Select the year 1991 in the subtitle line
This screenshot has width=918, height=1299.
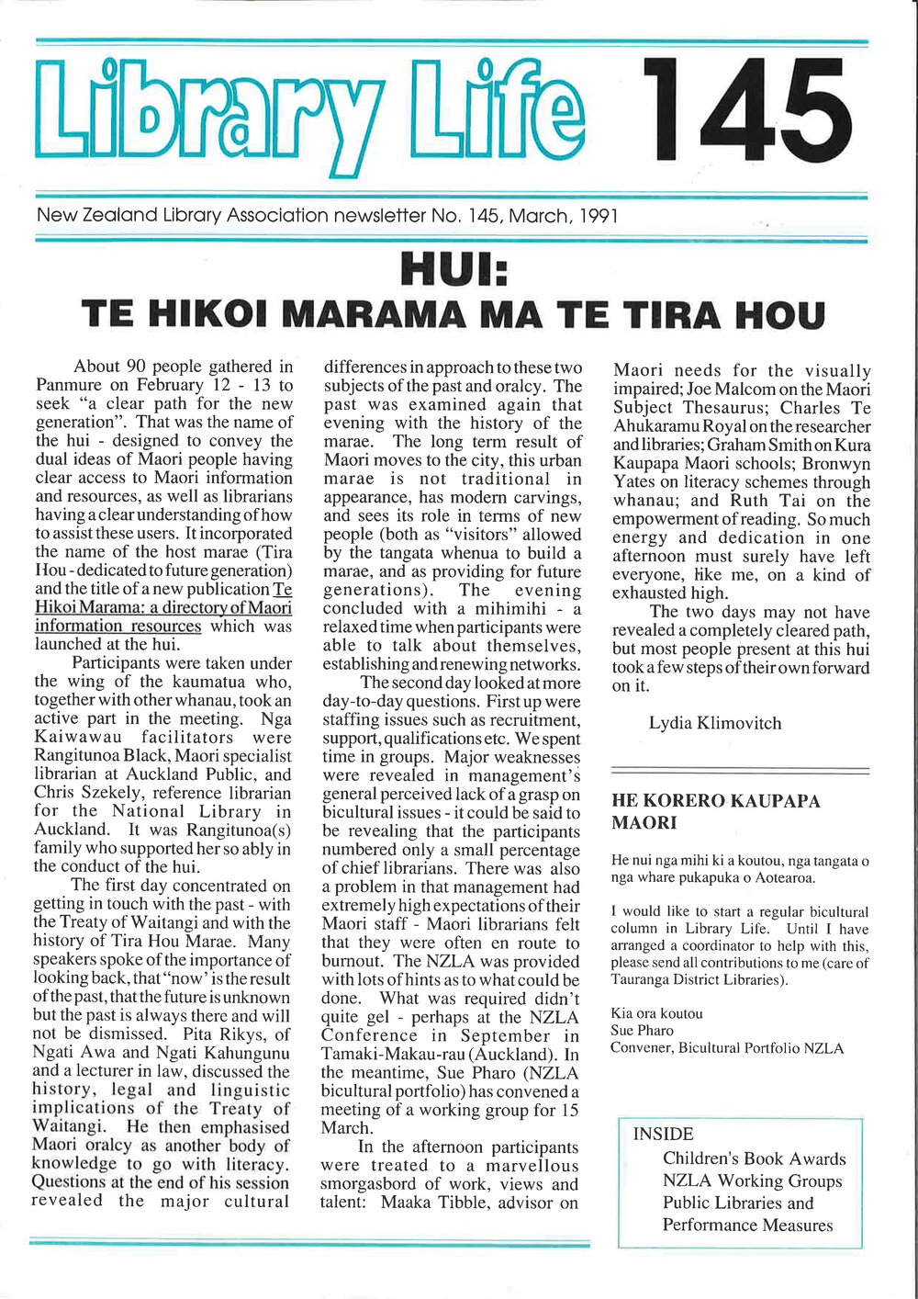(599, 216)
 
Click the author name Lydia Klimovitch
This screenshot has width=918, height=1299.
(715, 723)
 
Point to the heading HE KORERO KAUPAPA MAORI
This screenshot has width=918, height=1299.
(716, 811)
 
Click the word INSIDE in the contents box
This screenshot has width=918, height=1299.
(664, 1135)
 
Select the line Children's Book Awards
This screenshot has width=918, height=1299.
(755, 1158)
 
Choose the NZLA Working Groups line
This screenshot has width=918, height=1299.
(753, 1180)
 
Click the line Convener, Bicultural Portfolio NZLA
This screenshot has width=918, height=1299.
(727, 1048)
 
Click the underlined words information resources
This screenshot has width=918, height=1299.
(118, 626)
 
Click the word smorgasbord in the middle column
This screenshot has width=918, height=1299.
(367, 1184)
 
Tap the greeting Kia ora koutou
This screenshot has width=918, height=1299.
(656, 1013)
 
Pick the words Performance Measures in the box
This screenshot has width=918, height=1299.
(748, 1225)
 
